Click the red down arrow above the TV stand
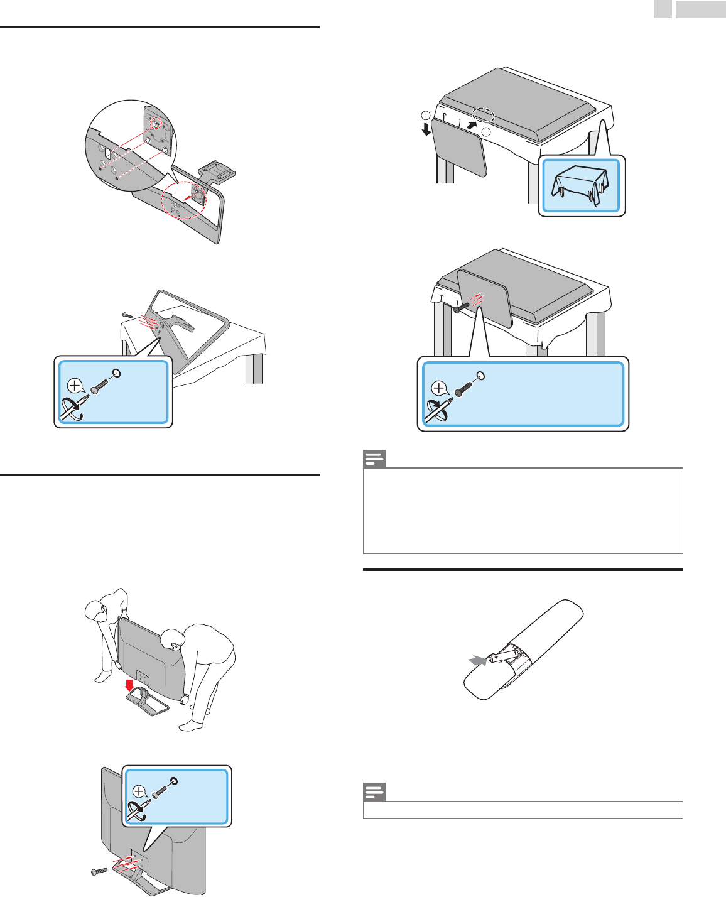point(129,684)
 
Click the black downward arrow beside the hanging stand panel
point(426,129)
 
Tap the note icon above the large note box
point(374,460)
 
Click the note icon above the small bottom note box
point(374,793)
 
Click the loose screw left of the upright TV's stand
point(99,872)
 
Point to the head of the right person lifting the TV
point(171,640)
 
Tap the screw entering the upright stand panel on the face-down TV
point(462,307)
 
